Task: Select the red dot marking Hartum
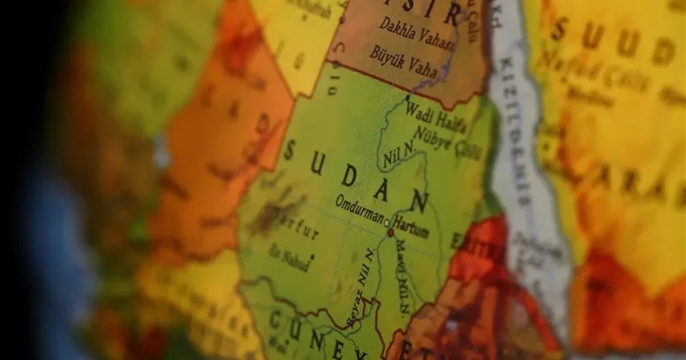click(x=391, y=232)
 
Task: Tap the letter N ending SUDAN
click(x=419, y=202)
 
